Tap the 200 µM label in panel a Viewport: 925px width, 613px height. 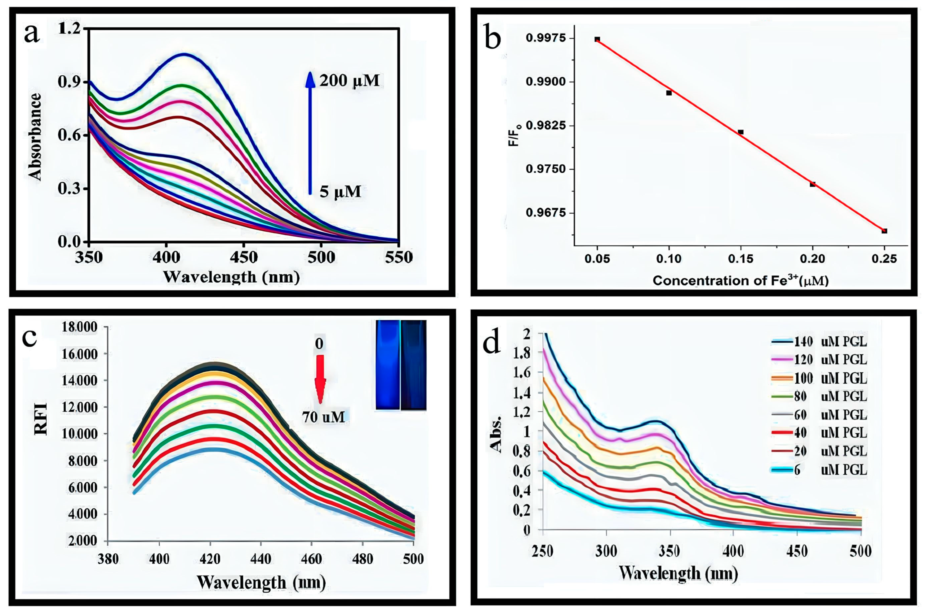tap(349, 81)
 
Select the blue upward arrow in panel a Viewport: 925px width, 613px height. tap(310, 133)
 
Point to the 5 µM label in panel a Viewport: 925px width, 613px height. tap(340, 192)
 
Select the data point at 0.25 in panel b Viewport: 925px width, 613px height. tap(884, 231)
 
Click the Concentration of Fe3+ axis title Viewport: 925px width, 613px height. tap(740, 281)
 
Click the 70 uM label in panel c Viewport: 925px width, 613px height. tap(323, 417)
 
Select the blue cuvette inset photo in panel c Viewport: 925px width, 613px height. tap(401, 365)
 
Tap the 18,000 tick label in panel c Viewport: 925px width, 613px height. tap(79, 327)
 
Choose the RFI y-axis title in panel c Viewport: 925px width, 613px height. tap(41, 418)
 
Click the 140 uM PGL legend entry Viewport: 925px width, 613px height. tap(819, 342)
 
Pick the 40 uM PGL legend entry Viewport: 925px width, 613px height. tap(819, 433)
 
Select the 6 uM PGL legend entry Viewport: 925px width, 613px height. tap(819, 469)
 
